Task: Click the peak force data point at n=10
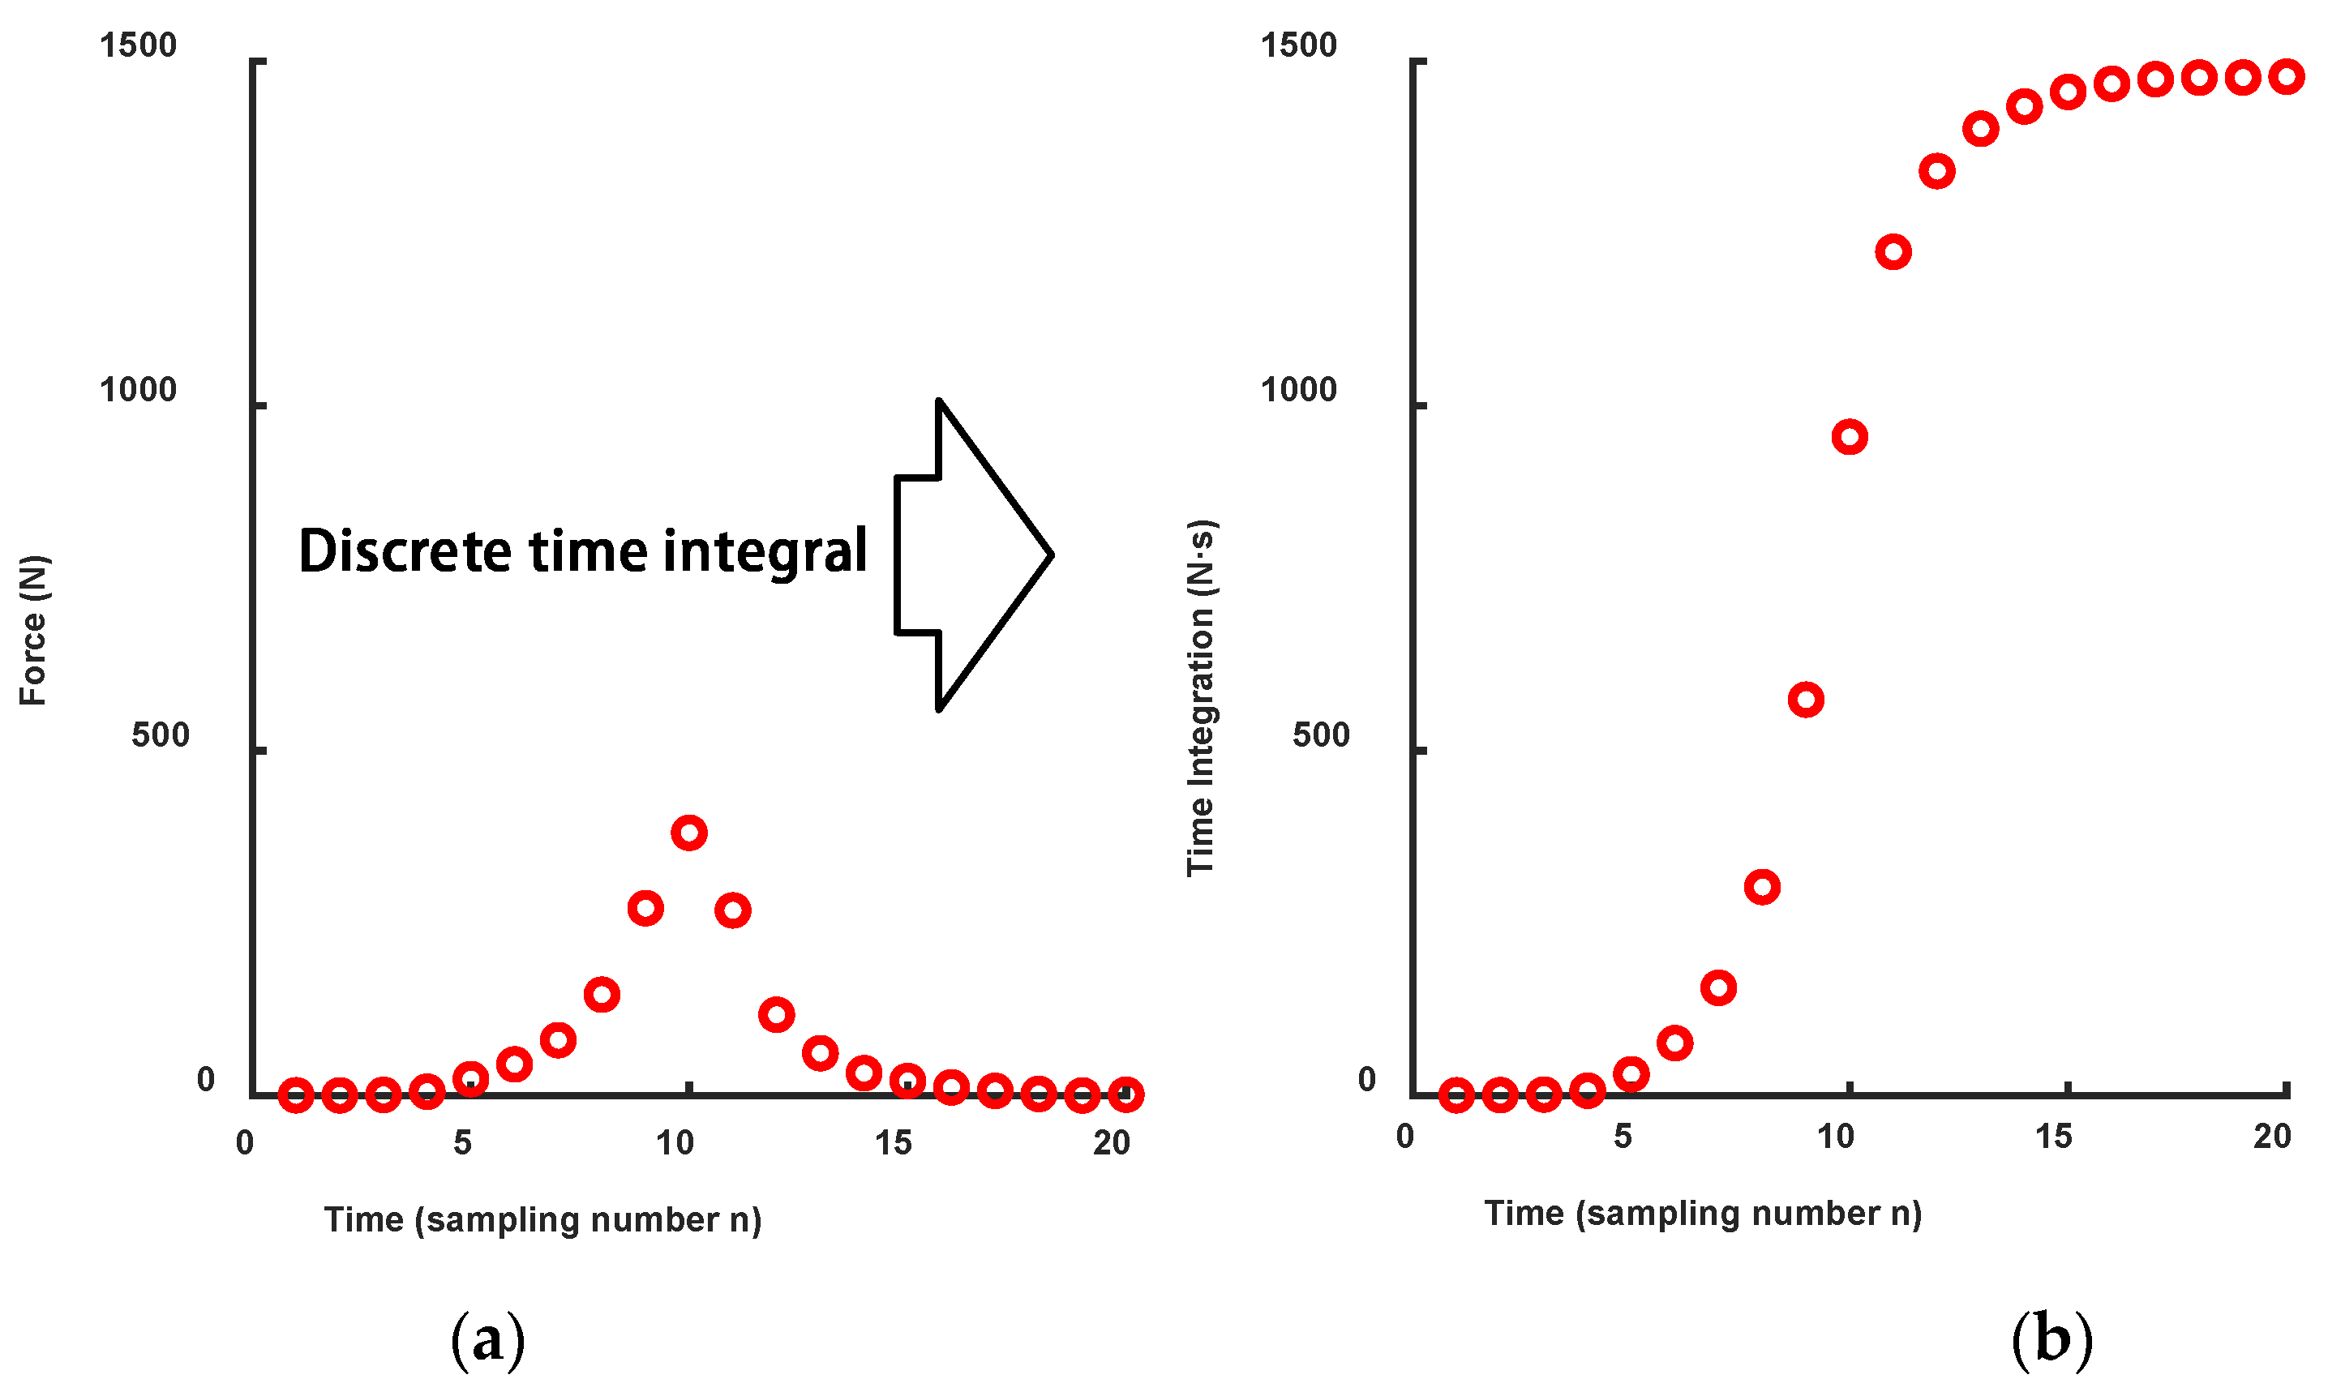pos(689,833)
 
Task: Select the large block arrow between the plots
pos(975,555)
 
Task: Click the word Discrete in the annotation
pos(406,550)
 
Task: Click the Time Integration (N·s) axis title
pos(1201,698)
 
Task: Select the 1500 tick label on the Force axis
pos(138,45)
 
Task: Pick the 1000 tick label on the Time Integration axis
pos(1298,389)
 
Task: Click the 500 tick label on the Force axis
pos(161,735)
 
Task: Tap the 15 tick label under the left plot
pos(893,1142)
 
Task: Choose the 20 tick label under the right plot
pos(2272,1137)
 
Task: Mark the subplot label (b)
pos(2052,1338)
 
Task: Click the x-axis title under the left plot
pos(543,1219)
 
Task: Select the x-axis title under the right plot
pos(1702,1213)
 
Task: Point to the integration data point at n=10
pos(1850,437)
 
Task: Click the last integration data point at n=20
pos(2287,77)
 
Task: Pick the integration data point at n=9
pos(1806,700)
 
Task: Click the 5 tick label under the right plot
pos(1623,1137)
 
